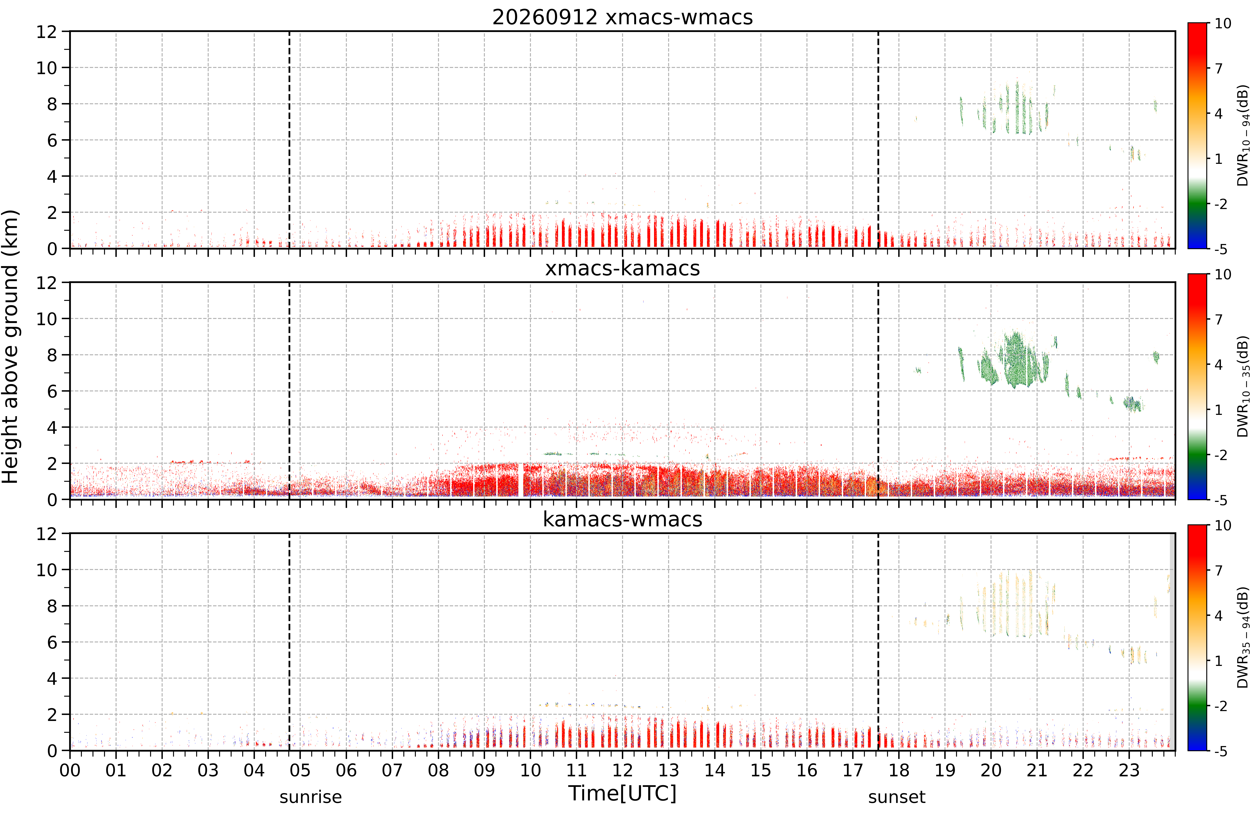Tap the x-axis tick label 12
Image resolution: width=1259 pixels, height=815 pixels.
pos(623,771)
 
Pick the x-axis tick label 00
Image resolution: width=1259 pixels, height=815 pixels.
pos(70,771)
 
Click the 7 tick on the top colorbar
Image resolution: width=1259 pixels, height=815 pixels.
pos(1219,68)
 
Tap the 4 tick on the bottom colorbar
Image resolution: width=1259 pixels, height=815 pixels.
pos(1219,615)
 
